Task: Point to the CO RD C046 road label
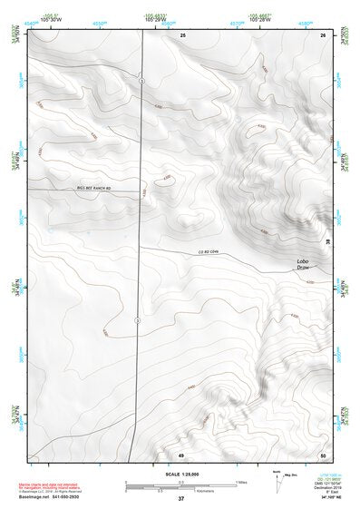209,251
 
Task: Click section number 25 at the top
182,34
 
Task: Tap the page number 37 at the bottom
180,500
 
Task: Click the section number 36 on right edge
327,243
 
